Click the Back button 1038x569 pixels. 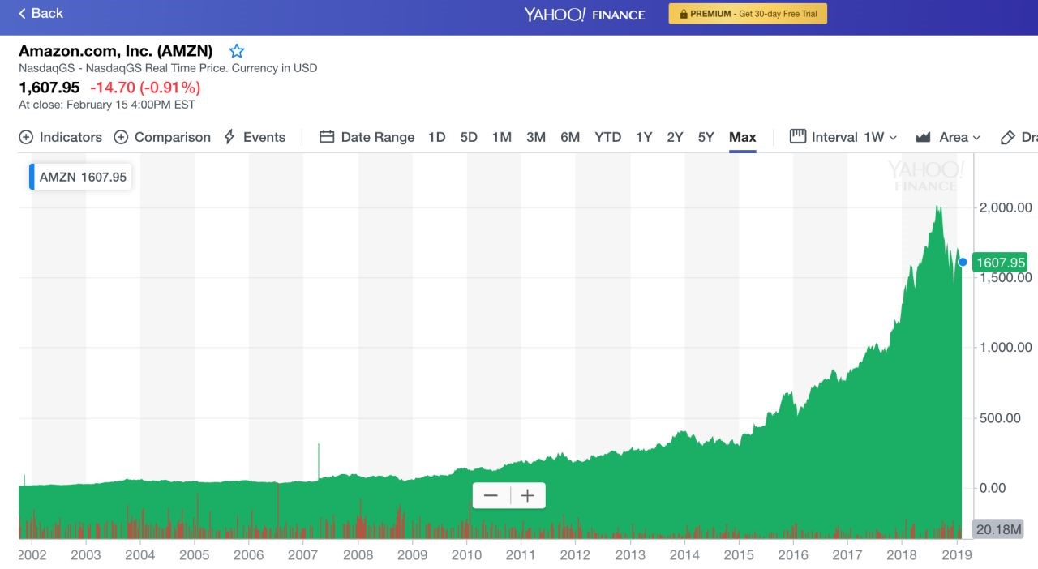pyautogui.click(x=41, y=13)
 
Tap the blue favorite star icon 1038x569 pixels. pyautogui.click(x=236, y=51)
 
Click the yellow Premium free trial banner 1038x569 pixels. pyautogui.click(x=748, y=14)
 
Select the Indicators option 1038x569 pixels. pyautogui.click(x=60, y=137)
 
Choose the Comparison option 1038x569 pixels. pyautogui.click(x=162, y=137)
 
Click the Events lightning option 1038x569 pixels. pyautogui.click(x=255, y=137)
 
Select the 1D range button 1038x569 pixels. pyautogui.click(x=436, y=137)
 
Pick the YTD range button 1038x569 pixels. pyautogui.click(x=607, y=137)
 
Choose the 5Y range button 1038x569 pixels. pyautogui.click(x=706, y=137)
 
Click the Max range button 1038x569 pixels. pyautogui.click(x=742, y=137)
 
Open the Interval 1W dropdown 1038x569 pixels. pyautogui.click(x=843, y=137)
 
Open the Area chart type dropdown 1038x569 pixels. pyautogui.click(x=948, y=137)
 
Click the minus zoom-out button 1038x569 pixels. pyautogui.click(x=491, y=496)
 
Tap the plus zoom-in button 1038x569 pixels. pyautogui.click(x=527, y=496)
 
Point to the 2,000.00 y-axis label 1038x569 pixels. pyautogui.click(x=1006, y=207)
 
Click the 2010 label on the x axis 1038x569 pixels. pyautogui.click(x=466, y=554)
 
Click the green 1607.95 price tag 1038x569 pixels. pyautogui.click(x=1000, y=263)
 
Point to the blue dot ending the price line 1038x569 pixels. pyautogui.click(x=963, y=263)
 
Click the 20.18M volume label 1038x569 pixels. pyautogui.click(x=998, y=529)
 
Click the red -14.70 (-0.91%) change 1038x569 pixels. pyautogui.click(x=145, y=87)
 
